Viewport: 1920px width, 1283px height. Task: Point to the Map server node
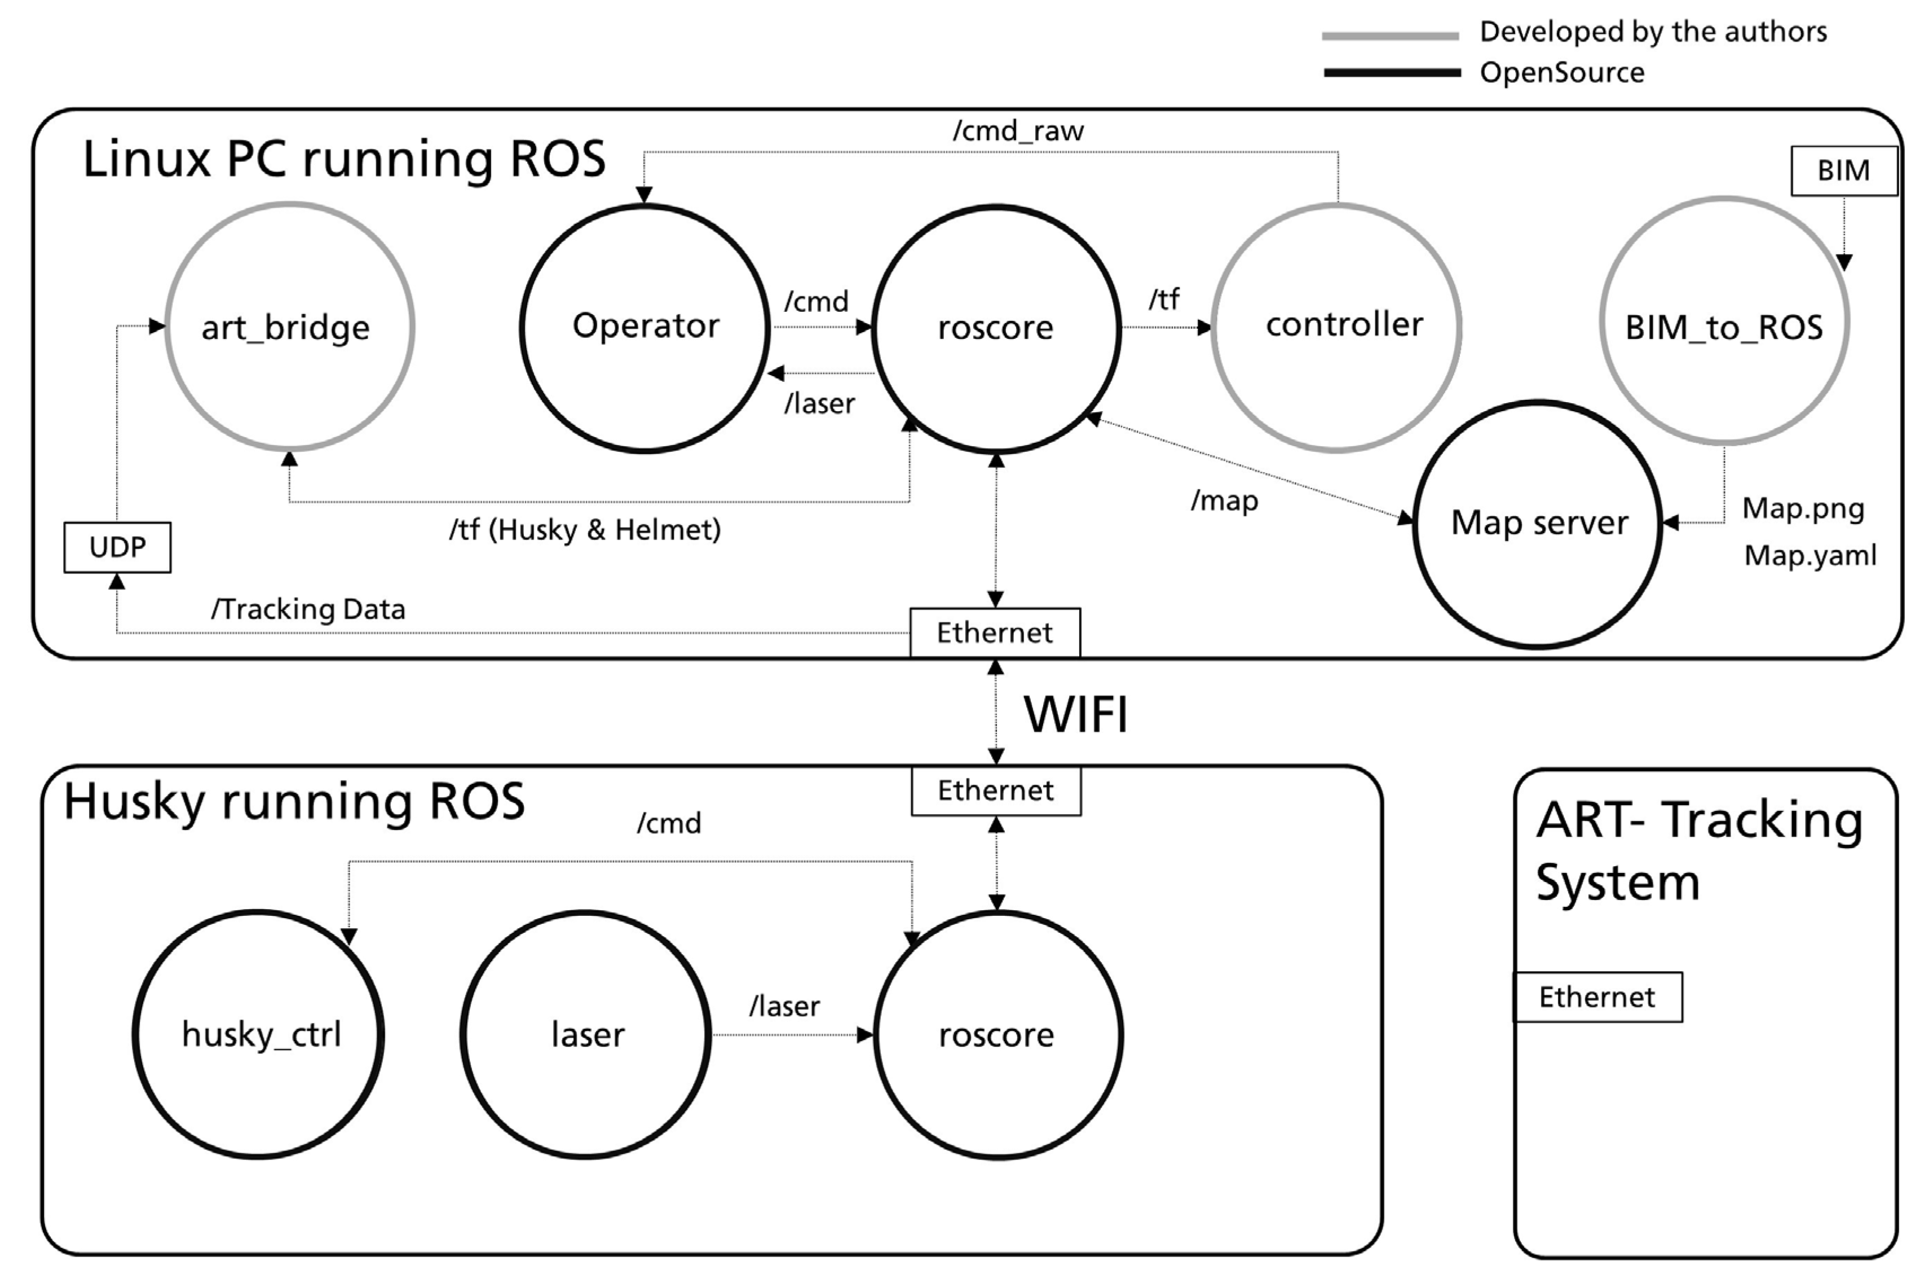(x=1537, y=524)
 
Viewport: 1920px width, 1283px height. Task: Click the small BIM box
(x=1843, y=170)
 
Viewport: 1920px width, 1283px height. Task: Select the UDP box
(x=117, y=546)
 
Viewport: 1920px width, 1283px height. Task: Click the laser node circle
(x=586, y=1034)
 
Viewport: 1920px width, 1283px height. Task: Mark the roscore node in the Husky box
(x=997, y=1034)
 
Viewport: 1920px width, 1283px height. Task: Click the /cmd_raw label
(x=1018, y=131)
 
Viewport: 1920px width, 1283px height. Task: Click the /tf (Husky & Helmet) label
(x=584, y=530)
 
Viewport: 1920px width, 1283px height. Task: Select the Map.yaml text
(x=1809, y=555)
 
